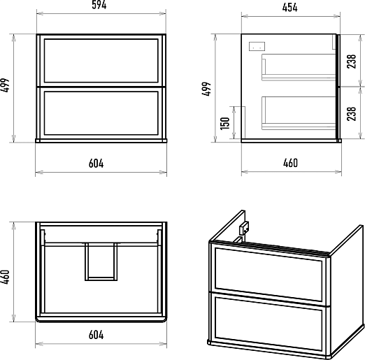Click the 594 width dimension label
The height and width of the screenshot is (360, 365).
[x=99, y=5]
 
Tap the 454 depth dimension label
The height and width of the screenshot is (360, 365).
[x=289, y=8]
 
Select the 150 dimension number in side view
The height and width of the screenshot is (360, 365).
[x=225, y=123]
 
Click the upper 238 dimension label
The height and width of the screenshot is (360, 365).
[x=352, y=62]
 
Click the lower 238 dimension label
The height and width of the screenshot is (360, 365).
[x=352, y=114]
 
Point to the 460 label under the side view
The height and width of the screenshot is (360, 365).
[x=290, y=163]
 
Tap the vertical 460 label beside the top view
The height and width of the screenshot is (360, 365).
[x=5, y=277]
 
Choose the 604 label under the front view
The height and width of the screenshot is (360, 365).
[x=96, y=164]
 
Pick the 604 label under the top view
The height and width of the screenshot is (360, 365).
[x=96, y=335]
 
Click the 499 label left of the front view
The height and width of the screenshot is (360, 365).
[x=5, y=85]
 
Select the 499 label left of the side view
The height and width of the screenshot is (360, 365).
[x=206, y=89]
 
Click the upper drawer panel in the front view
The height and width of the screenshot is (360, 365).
[x=101, y=61]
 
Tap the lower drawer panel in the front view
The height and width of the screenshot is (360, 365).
[x=101, y=113]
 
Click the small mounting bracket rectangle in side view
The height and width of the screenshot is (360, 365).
[x=257, y=46]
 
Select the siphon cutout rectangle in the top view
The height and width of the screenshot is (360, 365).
[x=101, y=261]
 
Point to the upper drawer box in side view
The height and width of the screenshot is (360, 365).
[x=299, y=67]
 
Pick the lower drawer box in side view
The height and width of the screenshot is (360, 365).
[x=299, y=113]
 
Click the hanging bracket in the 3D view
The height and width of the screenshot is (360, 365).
[x=244, y=228]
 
